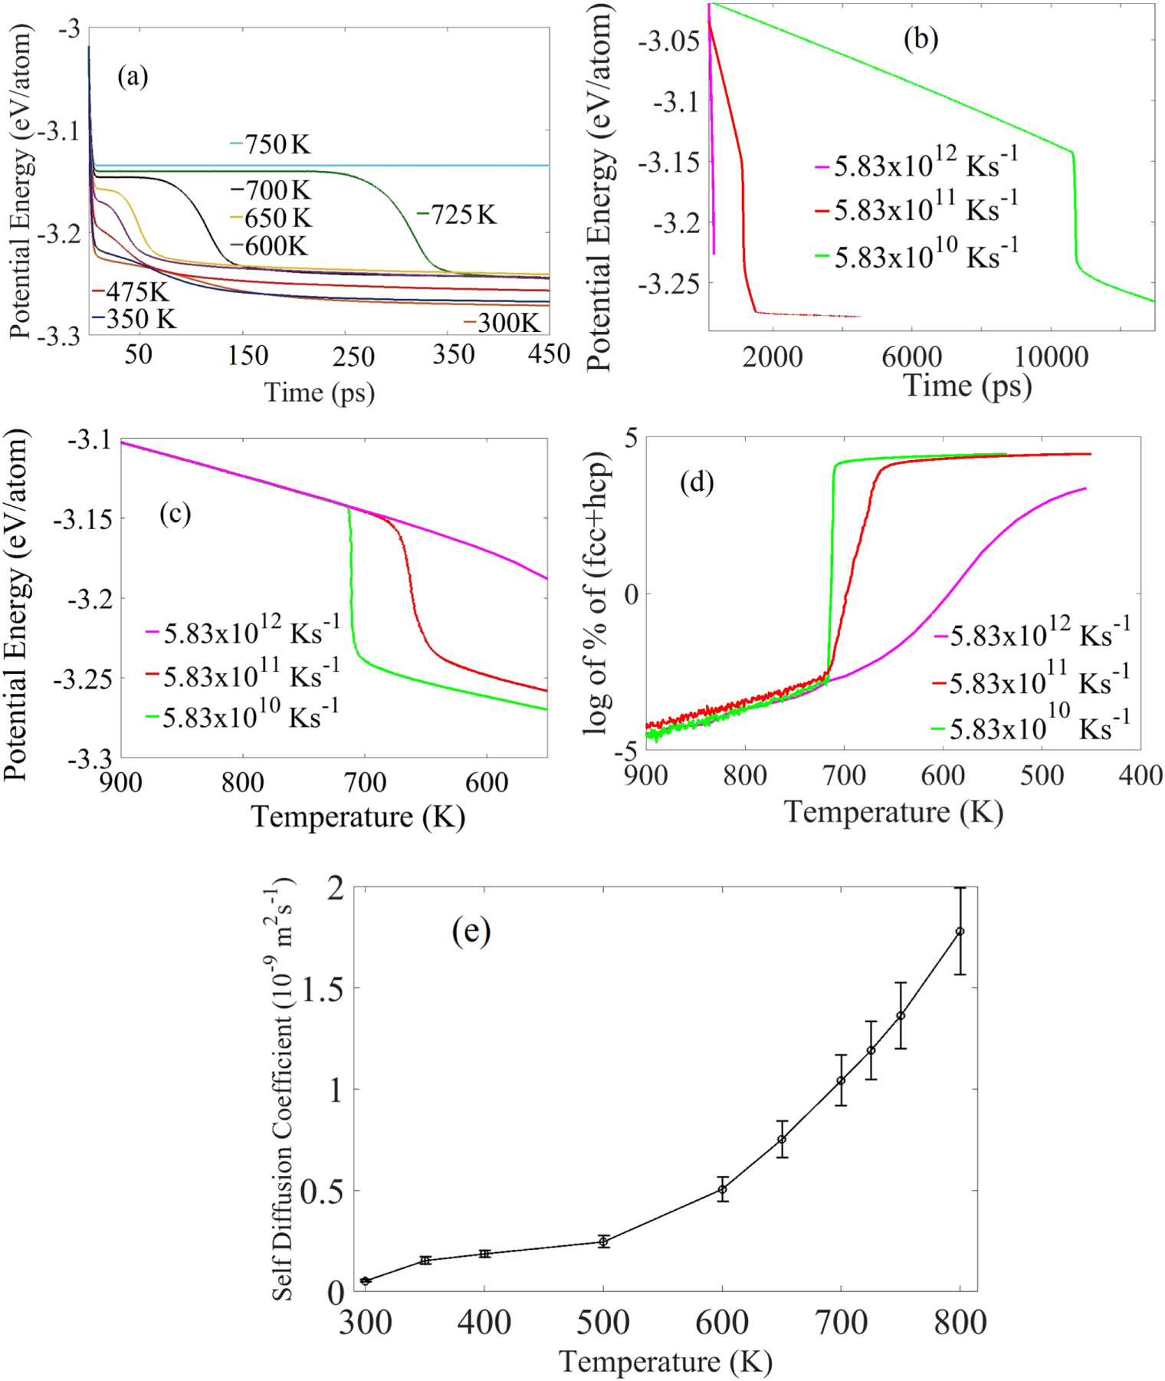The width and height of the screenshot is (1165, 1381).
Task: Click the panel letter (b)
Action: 921,38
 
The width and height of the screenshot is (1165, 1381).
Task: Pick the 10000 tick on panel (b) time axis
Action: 1052,357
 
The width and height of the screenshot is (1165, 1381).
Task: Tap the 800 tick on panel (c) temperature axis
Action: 243,782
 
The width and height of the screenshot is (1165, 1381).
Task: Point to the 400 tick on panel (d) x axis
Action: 1140,775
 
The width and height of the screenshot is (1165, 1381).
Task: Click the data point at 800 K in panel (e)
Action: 960,932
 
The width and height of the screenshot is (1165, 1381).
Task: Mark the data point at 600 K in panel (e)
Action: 722,1189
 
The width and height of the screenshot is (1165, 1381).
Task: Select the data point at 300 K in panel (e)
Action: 366,1281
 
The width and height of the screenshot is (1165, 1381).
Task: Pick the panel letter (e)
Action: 471,931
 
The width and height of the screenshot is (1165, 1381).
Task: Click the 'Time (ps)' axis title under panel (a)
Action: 320,393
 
